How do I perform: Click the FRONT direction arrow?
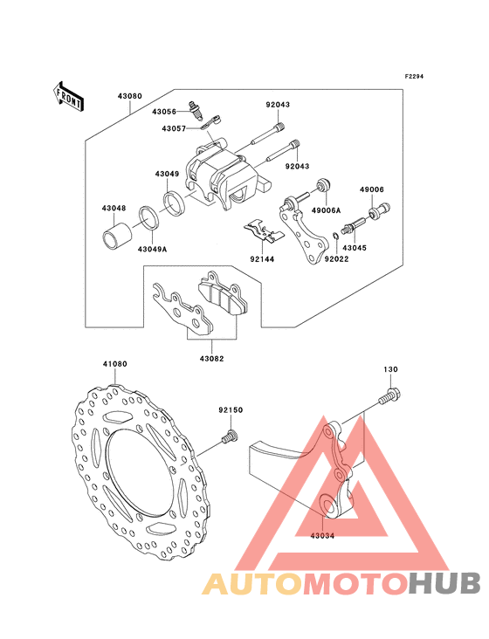pos(68,97)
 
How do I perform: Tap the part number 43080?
pos(130,97)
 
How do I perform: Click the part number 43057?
pos(174,129)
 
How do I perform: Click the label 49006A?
pos(326,210)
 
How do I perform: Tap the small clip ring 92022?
pos(334,236)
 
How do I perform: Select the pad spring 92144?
pos(263,231)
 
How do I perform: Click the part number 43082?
pos(212,359)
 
